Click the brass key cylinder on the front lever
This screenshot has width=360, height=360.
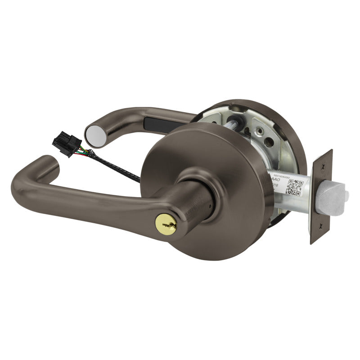tap(164, 222)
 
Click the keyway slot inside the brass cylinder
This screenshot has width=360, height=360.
tap(163, 222)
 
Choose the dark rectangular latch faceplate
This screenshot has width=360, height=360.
tap(321, 197)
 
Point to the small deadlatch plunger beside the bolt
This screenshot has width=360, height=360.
tap(346, 194)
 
